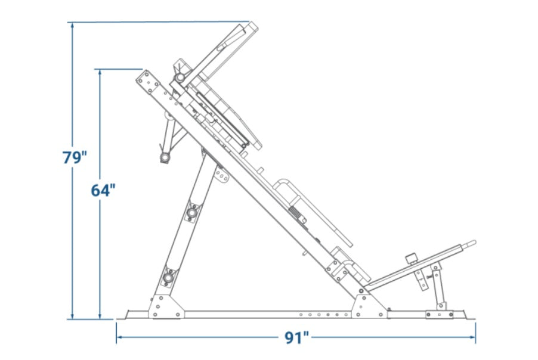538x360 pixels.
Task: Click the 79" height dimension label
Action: [75, 157]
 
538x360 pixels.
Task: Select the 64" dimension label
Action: [103, 190]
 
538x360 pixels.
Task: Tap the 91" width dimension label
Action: [297, 338]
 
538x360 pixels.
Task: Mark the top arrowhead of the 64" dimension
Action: [100, 72]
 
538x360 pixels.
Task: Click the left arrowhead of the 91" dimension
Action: [120, 337]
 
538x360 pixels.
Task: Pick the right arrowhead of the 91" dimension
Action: [472, 337]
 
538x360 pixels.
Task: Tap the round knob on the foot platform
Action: [411, 258]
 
